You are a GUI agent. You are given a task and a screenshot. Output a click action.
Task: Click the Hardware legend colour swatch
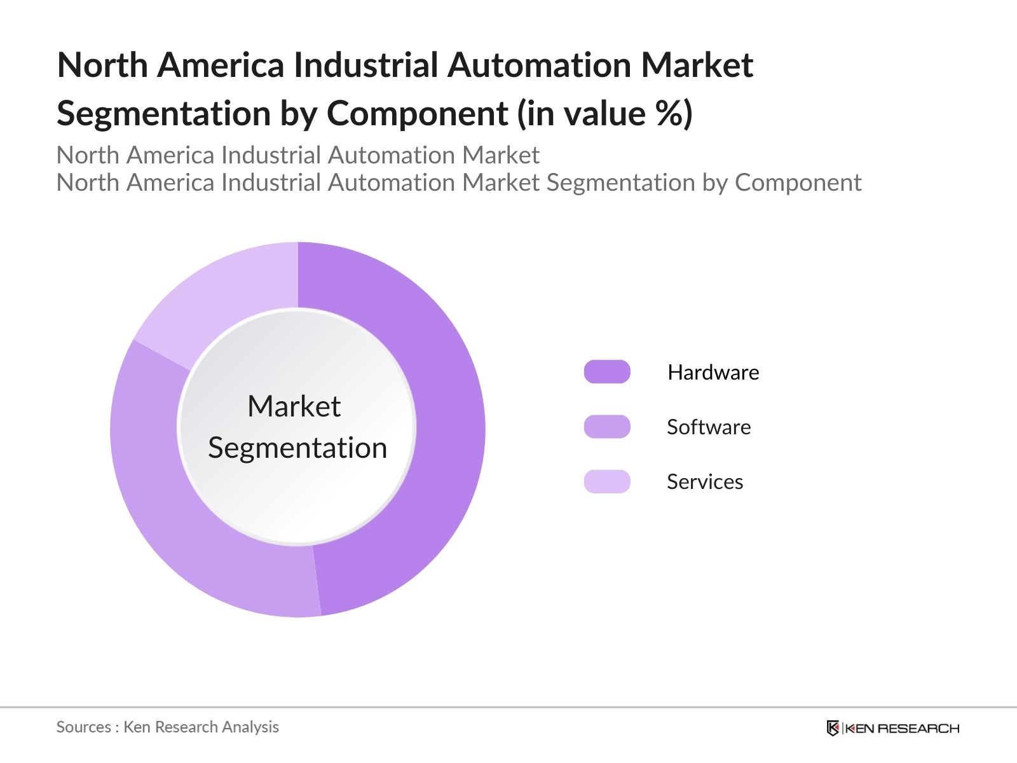(607, 372)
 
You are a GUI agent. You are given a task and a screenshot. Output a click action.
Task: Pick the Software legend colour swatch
(607, 427)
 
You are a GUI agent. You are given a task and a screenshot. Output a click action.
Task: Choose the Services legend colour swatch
(607, 481)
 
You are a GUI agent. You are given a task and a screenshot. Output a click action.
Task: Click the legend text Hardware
(713, 372)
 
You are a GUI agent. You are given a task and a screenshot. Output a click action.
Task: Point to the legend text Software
(709, 427)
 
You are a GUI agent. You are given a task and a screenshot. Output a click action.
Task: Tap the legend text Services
(705, 481)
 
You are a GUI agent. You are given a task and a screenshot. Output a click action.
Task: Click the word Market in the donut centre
(294, 406)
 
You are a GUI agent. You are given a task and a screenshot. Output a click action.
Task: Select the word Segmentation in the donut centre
(297, 448)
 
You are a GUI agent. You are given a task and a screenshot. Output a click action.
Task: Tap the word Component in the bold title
(417, 114)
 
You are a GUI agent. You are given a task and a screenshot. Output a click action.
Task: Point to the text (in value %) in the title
(604, 114)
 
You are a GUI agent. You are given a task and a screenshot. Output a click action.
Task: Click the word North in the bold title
(102, 65)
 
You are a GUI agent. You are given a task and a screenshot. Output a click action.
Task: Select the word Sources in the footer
(83, 727)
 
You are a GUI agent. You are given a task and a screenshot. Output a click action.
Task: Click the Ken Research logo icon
(833, 728)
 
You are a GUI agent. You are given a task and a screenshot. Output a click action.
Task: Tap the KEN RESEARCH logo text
(902, 728)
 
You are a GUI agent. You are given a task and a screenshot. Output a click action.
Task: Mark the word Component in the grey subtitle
(798, 182)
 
